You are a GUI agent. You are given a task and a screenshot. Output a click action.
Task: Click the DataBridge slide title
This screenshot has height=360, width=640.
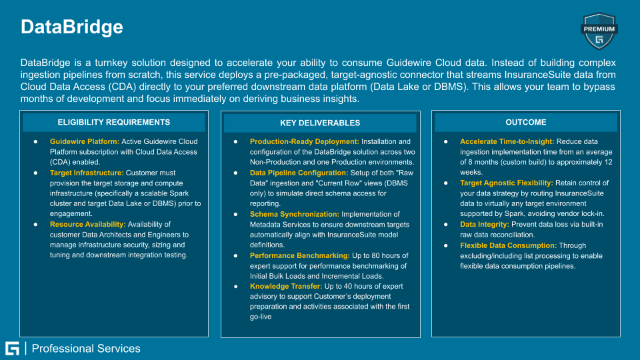[x=72, y=27]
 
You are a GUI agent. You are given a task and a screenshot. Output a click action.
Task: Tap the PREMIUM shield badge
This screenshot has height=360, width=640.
[x=599, y=31]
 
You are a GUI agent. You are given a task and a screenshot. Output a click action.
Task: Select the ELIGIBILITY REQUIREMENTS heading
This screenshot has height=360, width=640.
[x=114, y=122]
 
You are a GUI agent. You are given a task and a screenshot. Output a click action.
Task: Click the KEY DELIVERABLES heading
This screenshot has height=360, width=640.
[x=320, y=123]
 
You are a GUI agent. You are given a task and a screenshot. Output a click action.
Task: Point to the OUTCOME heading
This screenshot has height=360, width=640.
[x=526, y=122]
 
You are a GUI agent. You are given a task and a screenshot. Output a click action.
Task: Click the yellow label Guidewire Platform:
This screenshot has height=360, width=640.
[x=85, y=141]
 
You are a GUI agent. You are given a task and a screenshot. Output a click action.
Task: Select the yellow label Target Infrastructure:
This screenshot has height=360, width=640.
[x=87, y=173]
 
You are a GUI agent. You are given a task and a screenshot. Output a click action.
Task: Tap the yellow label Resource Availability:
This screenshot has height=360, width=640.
[x=88, y=225]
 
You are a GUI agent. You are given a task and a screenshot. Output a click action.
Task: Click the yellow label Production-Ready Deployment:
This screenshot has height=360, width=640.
[x=304, y=141]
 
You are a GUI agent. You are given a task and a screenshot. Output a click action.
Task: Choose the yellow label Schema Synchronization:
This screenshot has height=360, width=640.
[x=294, y=214]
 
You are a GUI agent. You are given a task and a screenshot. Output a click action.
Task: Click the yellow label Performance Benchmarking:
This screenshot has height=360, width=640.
[x=299, y=255]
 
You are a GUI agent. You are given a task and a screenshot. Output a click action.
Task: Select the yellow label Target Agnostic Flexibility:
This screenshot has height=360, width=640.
[x=507, y=183]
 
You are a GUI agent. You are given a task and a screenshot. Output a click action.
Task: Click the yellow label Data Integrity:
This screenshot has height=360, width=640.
[x=485, y=225]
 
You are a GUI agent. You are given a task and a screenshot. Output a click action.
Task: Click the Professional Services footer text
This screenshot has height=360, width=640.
[x=86, y=349]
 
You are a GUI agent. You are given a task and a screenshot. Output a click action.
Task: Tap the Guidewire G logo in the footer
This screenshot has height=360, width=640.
[x=12, y=349]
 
